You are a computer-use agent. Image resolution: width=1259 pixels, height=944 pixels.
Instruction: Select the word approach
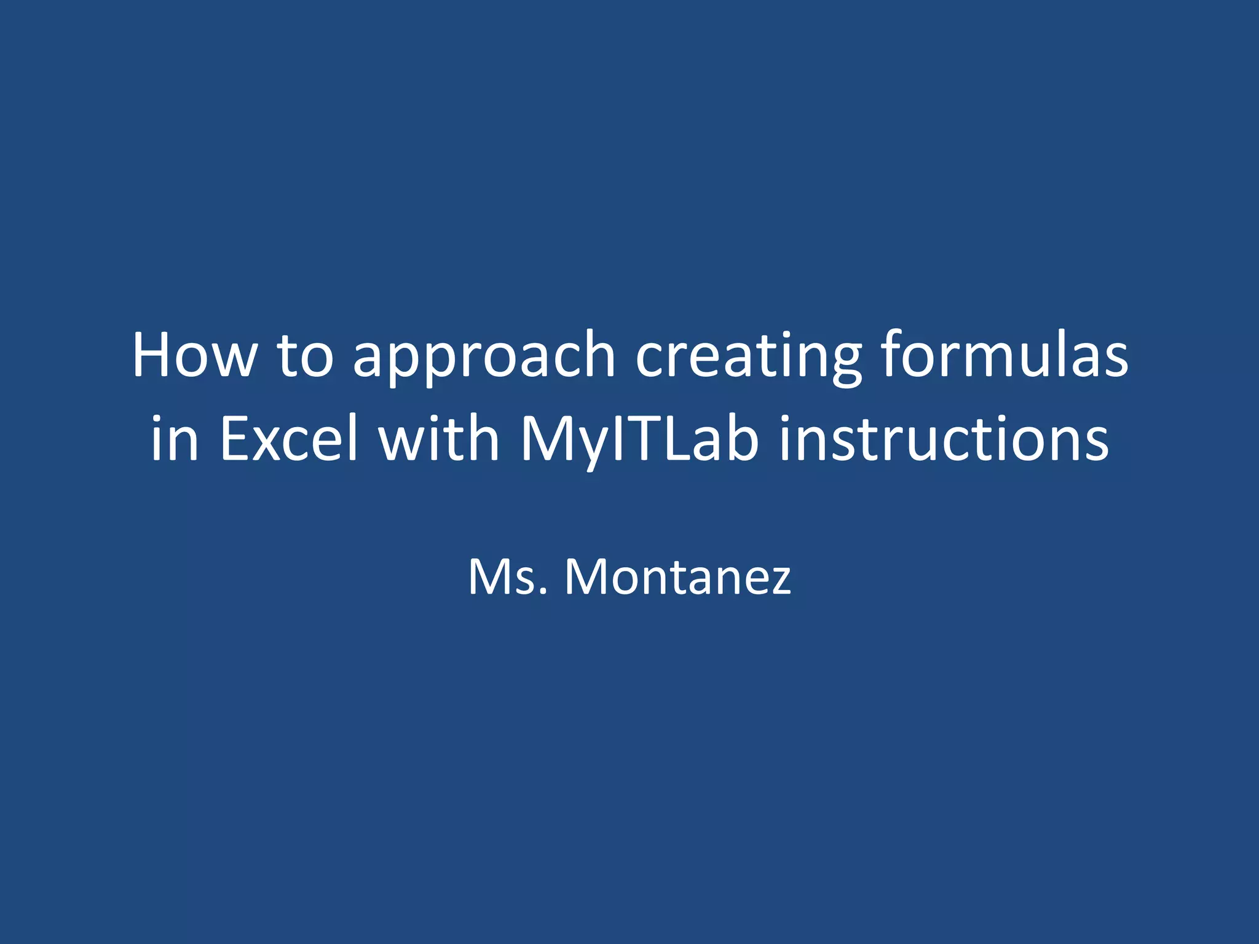(x=484, y=356)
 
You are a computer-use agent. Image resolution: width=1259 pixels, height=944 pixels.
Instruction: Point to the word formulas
(x=1004, y=355)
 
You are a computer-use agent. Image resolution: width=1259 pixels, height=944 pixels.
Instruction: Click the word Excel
(x=289, y=439)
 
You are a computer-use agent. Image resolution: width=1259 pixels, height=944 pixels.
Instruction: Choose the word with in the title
(x=438, y=439)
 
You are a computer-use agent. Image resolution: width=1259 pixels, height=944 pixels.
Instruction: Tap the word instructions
(x=944, y=439)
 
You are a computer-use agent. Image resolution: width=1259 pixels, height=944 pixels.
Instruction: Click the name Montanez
(x=677, y=578)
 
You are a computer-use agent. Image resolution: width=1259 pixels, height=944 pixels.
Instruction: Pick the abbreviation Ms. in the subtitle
(x=508, y=578)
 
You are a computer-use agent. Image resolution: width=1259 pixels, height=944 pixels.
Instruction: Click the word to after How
(x=305, y=356)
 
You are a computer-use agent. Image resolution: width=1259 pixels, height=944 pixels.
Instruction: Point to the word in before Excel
(x=175, y=439)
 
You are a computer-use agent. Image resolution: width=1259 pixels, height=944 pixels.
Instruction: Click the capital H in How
(x=153, y=355)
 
